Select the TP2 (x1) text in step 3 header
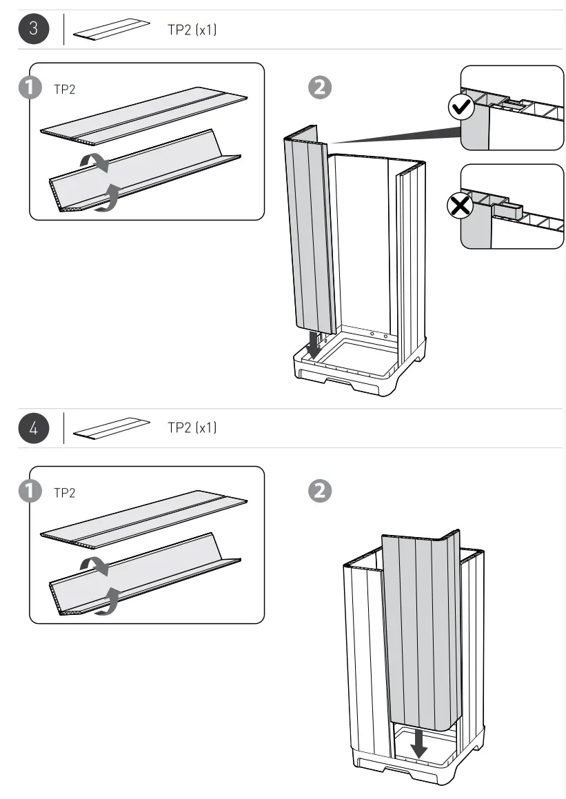click(x=192, y=30)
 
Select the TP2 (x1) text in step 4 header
click(x=192, y=427)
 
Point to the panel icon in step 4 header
click(x=112, y=428)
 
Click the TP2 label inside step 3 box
click(x=64, y=89)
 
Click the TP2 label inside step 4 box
click(x=64, y=492)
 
